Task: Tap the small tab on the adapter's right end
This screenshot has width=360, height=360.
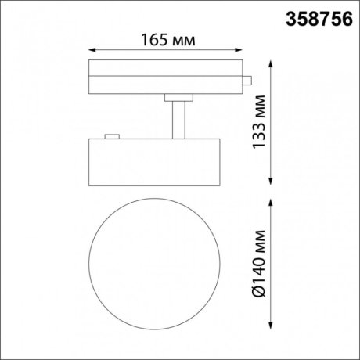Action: (246, 78)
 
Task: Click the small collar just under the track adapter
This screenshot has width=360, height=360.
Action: (179, 97)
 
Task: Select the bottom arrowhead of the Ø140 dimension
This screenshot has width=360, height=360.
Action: (272, 326)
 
